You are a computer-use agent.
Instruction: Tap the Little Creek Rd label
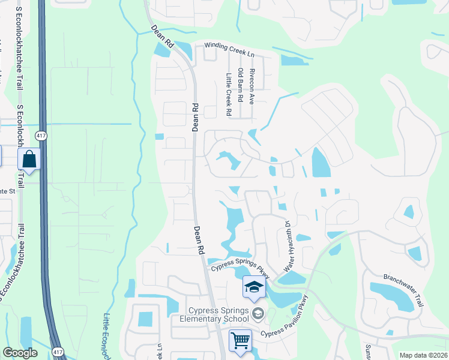coord(229,94)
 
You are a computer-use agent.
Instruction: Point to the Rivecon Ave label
coord(252,86)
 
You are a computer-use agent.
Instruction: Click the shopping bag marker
coord(28,160)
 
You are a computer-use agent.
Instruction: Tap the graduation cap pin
coord(254,287)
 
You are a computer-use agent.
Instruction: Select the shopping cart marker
coord(240,340)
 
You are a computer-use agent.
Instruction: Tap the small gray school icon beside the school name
coord(258,313)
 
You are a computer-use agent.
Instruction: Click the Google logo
coord(20,353)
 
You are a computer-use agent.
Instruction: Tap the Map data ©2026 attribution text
coord(423,355)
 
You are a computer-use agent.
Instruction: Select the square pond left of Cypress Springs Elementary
coord(145,319)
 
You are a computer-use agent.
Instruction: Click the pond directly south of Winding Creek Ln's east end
coord(293,60)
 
